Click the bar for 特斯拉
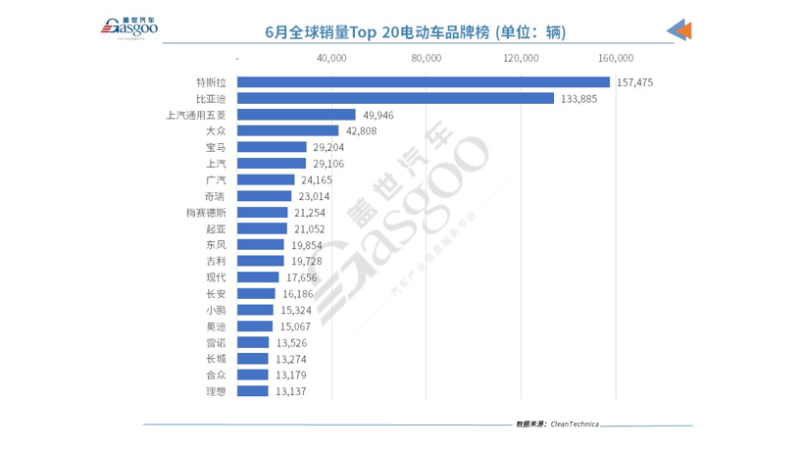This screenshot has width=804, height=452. [423, 82]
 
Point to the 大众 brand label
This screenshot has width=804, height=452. [217, 131]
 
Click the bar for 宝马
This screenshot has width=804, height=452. [272, 147]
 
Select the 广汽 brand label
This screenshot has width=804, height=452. [217, 180]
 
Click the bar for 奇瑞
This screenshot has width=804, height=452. [264, 196]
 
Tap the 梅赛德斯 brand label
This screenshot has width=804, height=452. [208, 213]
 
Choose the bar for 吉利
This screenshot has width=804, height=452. [260, 261]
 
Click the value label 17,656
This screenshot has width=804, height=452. [302, 277]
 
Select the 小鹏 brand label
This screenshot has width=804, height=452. [217, 310]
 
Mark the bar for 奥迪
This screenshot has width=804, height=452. [255, 326]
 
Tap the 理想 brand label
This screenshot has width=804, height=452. [217, 391]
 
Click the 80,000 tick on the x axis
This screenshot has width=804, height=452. [427, 59]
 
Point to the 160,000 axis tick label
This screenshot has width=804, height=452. [615, 59]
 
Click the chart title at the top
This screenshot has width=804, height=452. [416, 32]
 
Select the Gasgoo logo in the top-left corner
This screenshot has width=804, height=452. [129, 30]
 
